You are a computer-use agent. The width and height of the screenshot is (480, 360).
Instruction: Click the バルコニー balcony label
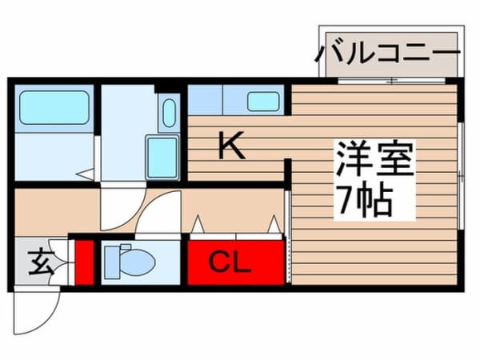point(389,54)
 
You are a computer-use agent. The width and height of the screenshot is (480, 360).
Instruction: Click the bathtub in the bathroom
point(54,108)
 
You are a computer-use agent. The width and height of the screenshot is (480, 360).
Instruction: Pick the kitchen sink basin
point(263,102)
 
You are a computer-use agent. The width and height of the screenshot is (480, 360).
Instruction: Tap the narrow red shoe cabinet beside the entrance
point(82,260)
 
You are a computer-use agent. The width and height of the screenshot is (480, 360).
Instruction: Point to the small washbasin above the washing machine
point(168,113)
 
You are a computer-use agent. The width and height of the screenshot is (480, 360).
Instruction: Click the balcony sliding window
point(390,81)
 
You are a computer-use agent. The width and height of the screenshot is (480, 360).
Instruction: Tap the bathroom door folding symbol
point(87,173)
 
